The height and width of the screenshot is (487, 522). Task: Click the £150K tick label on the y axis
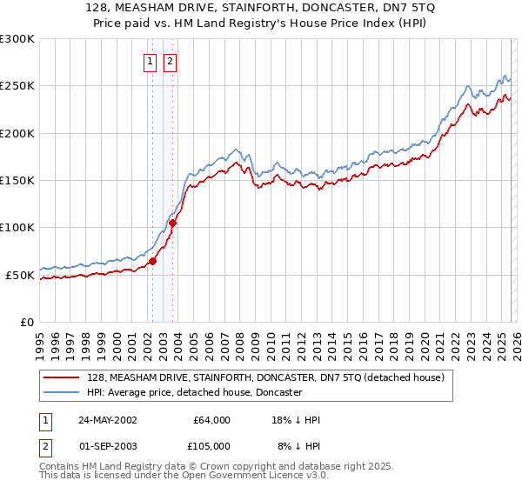click(x=17, y=181)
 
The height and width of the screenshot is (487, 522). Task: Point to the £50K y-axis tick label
click(x=20, y=275)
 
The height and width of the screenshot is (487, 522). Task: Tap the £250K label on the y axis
click(x=17, y=86)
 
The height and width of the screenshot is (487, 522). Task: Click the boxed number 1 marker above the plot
click(x=151, y=61)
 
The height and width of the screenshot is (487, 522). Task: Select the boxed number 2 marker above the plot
click(x=169, y=61)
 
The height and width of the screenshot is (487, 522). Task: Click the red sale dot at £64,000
click(x=152, y=261)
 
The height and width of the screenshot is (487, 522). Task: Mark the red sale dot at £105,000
click(x=172, y=223)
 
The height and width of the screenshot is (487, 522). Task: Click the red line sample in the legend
click(x=63, y=377)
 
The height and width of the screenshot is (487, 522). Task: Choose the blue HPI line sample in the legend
click(x=63, y=392)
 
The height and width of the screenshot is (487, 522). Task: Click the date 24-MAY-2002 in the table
click(x=107, y=420)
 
